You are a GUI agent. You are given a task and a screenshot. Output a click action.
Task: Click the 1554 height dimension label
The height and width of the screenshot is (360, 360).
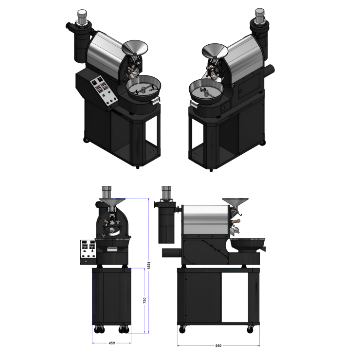coord(149,265)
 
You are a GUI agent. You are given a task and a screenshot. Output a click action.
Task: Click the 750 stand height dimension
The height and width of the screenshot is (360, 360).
coord(144,300)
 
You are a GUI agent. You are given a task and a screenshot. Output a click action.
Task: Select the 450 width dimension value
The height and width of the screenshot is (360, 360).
coord(111,343)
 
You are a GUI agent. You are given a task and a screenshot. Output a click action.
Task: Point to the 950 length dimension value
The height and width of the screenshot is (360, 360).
coord(218,345)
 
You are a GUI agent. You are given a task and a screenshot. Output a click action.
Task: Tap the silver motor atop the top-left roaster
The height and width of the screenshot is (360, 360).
coord(82,17)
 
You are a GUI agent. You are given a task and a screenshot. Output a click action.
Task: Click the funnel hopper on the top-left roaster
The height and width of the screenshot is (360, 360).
coord(135,48)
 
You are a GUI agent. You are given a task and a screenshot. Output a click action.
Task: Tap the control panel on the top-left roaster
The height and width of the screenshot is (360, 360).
coord(104,90)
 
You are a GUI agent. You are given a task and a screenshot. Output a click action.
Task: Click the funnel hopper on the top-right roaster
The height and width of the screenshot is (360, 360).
coord(215,51)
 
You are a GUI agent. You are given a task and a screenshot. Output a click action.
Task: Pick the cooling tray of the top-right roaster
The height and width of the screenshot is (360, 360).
coord(206,90)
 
